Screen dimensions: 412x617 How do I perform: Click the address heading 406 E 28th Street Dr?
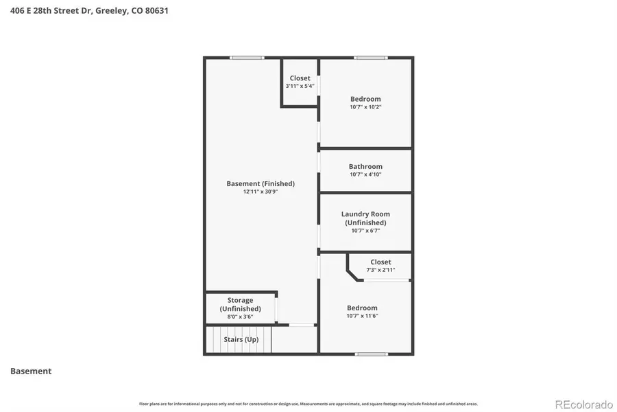[89, 10]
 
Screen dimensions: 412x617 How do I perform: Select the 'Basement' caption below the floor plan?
[31, 371]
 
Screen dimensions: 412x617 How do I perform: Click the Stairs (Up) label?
[241, 339]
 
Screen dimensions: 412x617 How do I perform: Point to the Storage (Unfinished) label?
[240, 304]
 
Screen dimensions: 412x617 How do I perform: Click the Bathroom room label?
[365, 166]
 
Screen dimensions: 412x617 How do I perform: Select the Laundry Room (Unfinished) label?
[365, 218]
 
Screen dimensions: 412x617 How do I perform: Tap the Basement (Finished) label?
[261, 183]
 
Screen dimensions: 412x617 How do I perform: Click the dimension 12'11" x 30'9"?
[261, 192]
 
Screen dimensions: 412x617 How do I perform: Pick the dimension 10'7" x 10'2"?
[365, 107]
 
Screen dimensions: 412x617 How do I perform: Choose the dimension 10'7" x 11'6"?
[362, 316]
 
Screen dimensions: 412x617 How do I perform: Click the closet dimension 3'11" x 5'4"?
[300, 87]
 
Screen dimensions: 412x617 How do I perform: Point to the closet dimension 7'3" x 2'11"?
[380, 270]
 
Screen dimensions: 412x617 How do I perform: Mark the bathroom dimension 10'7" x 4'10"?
[365, 174]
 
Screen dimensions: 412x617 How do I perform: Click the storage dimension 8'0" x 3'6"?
[240, 317]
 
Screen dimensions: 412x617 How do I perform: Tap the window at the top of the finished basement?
[247, 58]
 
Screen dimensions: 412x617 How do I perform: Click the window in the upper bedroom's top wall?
[371, 58]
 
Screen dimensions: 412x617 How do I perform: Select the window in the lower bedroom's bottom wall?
[371, 354]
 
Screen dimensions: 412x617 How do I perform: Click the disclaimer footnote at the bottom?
[308, 404]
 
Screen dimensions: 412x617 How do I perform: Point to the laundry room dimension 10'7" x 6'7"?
[365, 231]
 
